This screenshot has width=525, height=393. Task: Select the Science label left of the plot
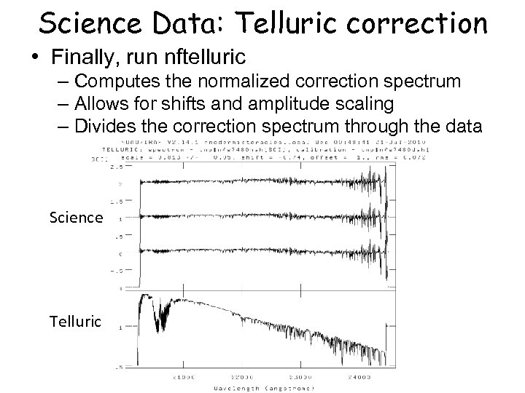(x=76, y=217)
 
